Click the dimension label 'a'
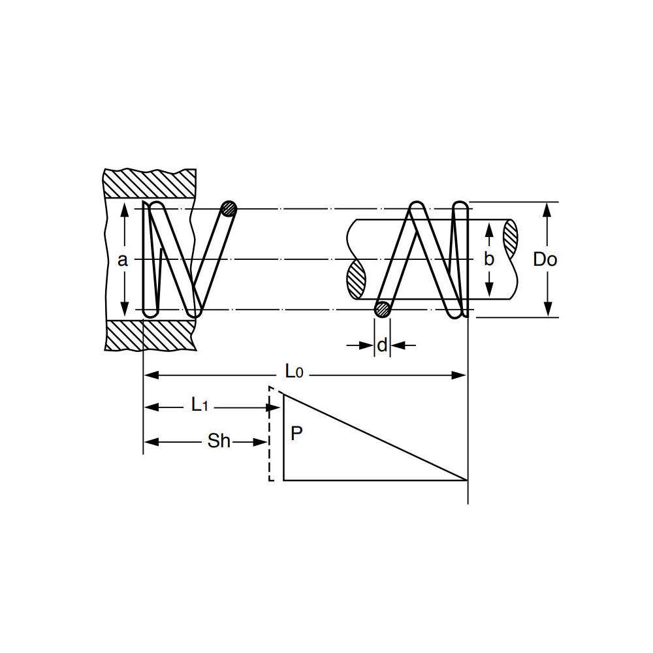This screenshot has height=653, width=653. point(122,260)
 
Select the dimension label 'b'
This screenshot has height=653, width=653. point(489,259)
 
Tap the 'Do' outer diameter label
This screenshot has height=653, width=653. point(545,259)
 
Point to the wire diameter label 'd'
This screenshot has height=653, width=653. point(383,344)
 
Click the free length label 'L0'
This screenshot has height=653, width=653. point(294,372)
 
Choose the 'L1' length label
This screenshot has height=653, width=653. point(200,406)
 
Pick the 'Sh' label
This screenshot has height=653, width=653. point(219,441)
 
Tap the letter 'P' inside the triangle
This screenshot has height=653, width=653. point(296,434)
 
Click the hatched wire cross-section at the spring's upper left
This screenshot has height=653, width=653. point(229,209)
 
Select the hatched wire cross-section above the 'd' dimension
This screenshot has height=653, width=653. point(383,309)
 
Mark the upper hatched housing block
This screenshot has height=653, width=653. point(150,184)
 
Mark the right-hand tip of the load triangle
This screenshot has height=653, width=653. point(466,479)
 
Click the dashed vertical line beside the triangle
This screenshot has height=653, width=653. point(270,434)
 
